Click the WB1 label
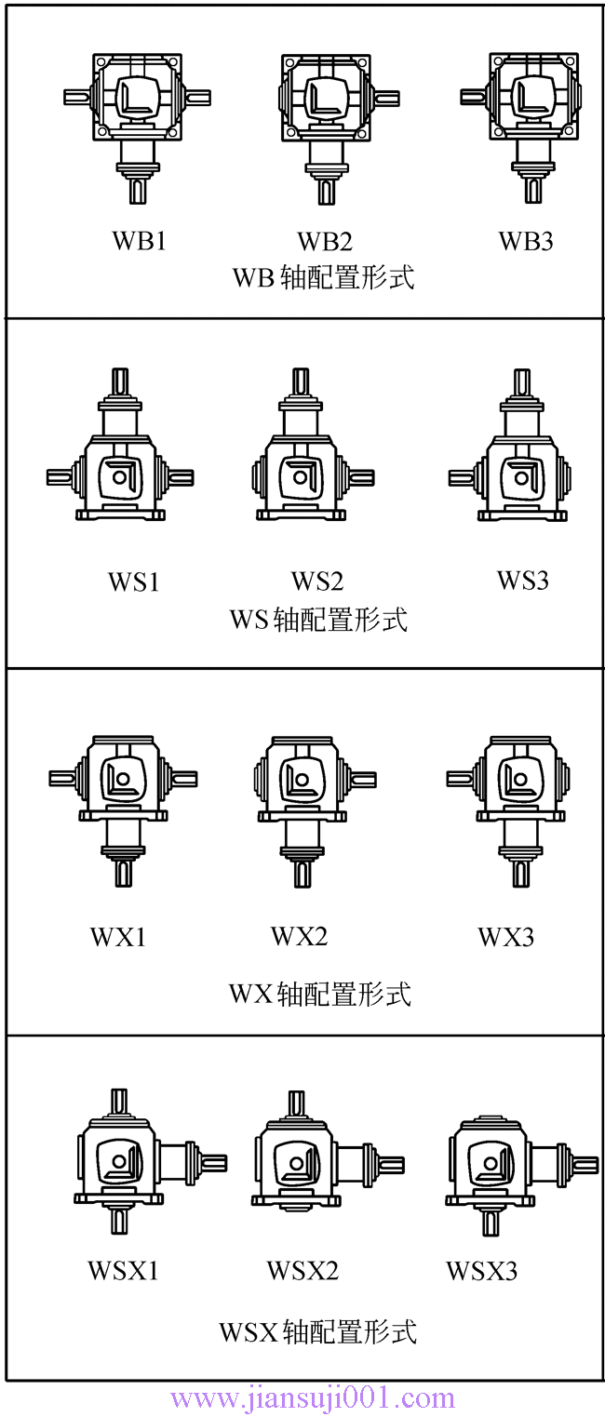click(139, 241)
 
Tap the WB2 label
click(325, 242)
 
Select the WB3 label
click(526, 242)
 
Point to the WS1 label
click(133, 582)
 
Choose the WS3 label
click(522, 581)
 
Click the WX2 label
click(299, 936)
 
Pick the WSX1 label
click(124, 1270)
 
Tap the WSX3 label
click(481, 1270)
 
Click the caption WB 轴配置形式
click(323, 277)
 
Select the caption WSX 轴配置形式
click(317, 1331)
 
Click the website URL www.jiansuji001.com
click(313, 1398)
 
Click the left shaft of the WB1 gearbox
click(76, 97)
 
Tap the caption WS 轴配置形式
click(318, 619)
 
